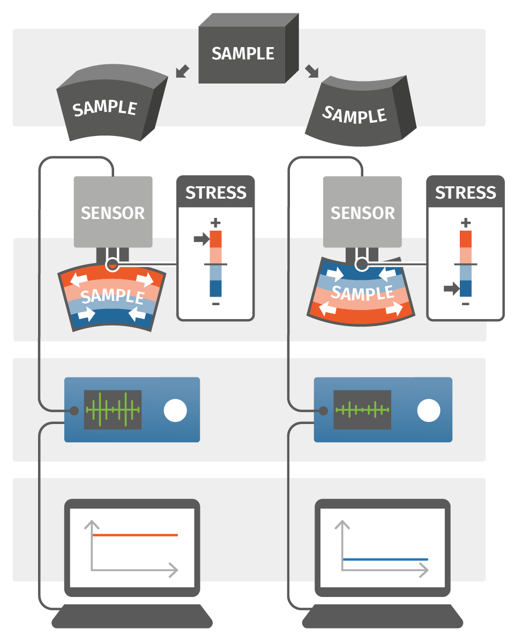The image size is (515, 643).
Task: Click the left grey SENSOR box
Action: point(113,212)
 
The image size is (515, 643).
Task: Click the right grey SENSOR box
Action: point(363,212)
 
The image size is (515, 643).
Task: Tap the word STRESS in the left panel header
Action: point(215,193)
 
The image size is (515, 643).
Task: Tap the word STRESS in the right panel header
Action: point(465,193)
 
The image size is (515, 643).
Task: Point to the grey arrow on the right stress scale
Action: point(451,289)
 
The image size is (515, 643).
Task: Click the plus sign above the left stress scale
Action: point(216,222)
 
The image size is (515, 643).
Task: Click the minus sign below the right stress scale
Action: point(465,304)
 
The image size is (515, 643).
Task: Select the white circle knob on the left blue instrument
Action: point(175,411)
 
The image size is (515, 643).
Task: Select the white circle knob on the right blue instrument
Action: point(429,411)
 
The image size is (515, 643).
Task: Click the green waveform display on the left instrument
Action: point(113,410)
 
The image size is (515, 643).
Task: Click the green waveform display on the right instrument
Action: point(362,410)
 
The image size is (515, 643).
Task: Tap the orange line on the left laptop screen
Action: point(135,535)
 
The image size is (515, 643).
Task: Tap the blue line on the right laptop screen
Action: point(385,559)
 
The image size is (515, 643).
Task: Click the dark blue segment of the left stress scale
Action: point(216,289)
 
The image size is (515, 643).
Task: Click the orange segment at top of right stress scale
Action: point(465,239)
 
